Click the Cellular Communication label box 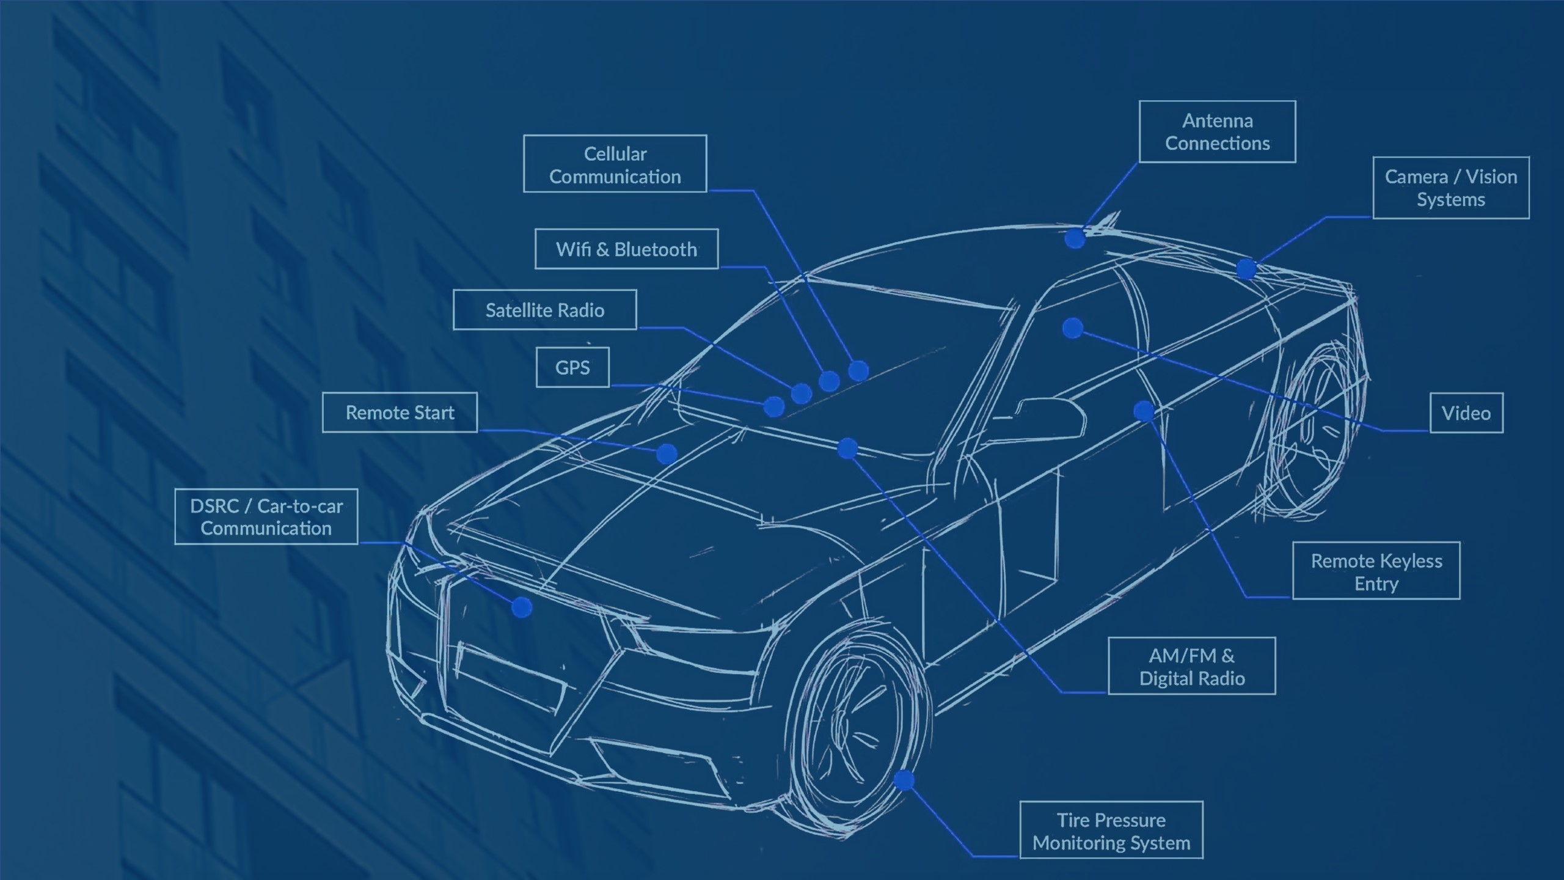(x=615, y=164)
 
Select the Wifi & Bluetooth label (x=626, y=249)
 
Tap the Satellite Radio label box (x=544, y=310)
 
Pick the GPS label (x=572, y=367)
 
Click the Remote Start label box (x=400, y=413)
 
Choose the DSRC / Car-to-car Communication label (x=266, y=516)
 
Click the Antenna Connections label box (x=1217, y=131)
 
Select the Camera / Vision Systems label (x=1450, y=188)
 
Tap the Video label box (x=1466, y=413)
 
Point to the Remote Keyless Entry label (x=1376, y=571)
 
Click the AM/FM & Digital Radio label (x=1191, y=666)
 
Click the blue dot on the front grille (x=522, y=607)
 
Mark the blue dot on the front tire (x=904, y=780)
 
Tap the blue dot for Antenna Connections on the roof (x=1075, y=238)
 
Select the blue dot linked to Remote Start (x=667, y=453)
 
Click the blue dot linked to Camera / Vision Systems (x=1246, y=269)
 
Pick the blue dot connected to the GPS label (x=774, y=406)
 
